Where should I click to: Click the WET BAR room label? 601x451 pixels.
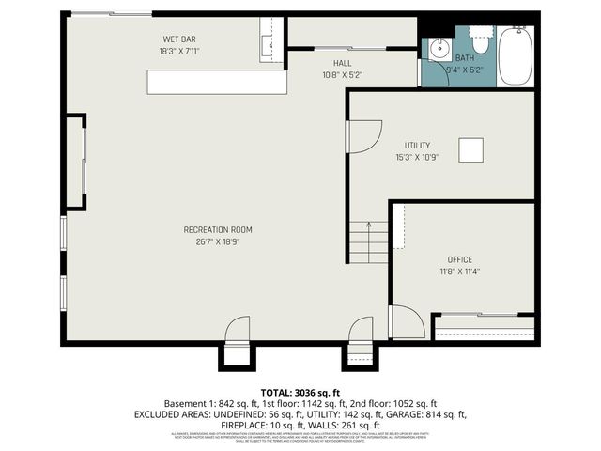tap(179, 39)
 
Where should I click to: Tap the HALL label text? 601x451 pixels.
tap(316, 63)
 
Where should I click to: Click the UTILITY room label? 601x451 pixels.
tap(417, 146)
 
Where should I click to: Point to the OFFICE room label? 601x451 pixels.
tap(460, 259)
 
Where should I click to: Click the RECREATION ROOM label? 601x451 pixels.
tap(218, 230)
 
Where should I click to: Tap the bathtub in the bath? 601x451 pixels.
tap(515, 56)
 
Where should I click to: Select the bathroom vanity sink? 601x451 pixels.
tap(438, 49)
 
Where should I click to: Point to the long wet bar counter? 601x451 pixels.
tap(216, 83)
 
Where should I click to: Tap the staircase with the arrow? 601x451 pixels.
tap(368, 242)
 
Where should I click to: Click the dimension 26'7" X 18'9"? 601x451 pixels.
tap(218, 242)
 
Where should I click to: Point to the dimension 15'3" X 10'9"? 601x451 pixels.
tap(417, 158)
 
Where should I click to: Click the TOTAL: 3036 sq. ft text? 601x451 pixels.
tap(300, 392)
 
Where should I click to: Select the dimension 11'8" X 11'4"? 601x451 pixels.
tap(460, 272)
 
